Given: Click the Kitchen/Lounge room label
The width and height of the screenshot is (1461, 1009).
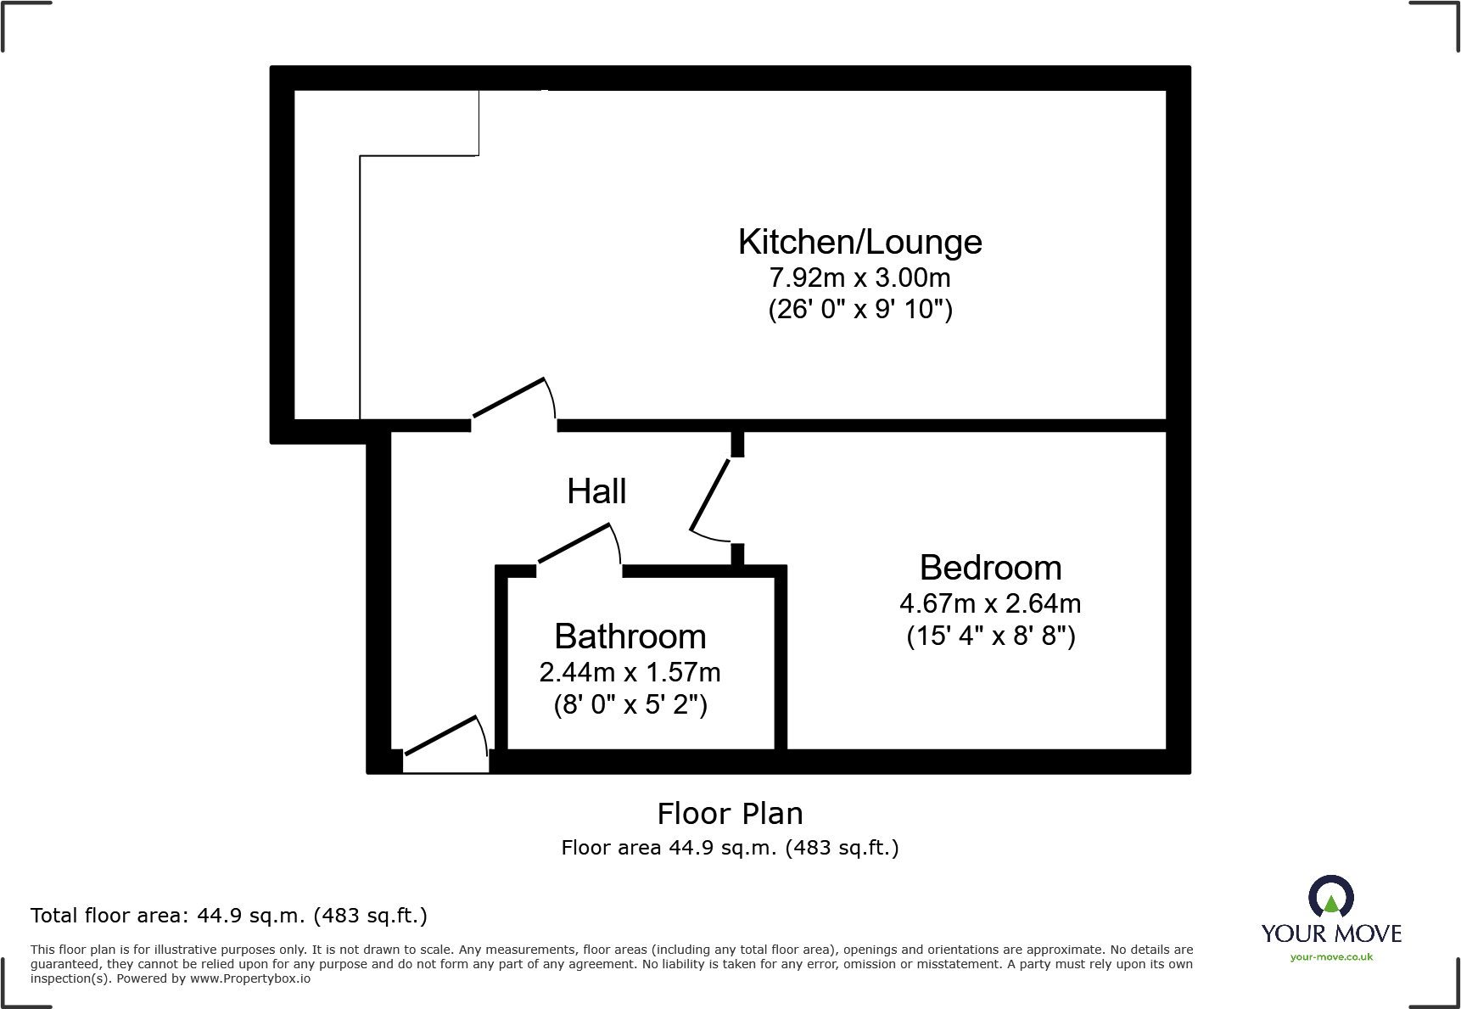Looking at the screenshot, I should [x=859, y=243].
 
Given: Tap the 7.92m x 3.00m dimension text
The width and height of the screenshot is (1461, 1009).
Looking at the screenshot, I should [x=859, y=278].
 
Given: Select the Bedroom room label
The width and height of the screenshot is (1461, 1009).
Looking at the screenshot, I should [x=990, y=568].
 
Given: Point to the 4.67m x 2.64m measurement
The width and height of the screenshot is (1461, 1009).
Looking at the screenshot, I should [x=990, y=604].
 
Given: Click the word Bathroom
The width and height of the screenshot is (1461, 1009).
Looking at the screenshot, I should [x=630, y=636].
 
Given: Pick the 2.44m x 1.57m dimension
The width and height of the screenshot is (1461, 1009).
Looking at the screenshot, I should [x=630, y=673].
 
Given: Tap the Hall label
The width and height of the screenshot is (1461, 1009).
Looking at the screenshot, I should [x=596, y=491].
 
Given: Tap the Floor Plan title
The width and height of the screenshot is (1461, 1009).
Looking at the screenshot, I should [x=730, y=814].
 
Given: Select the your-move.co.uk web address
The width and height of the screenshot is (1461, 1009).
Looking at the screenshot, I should [x=1330, y=957].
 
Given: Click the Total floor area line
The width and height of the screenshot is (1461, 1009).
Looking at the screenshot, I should [x=229, y=916].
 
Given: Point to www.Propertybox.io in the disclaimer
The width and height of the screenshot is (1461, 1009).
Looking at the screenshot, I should [x=249, y=979].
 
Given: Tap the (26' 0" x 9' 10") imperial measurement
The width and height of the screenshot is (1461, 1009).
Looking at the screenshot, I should [x=859, y=310].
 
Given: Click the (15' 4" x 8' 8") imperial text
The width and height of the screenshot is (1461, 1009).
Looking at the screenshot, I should [x=990, y=636].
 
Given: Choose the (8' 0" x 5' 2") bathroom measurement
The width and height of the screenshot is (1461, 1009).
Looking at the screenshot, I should [x=630, y=705].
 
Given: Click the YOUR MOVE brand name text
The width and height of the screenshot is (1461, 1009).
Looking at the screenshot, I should [x=1330, y=933].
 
